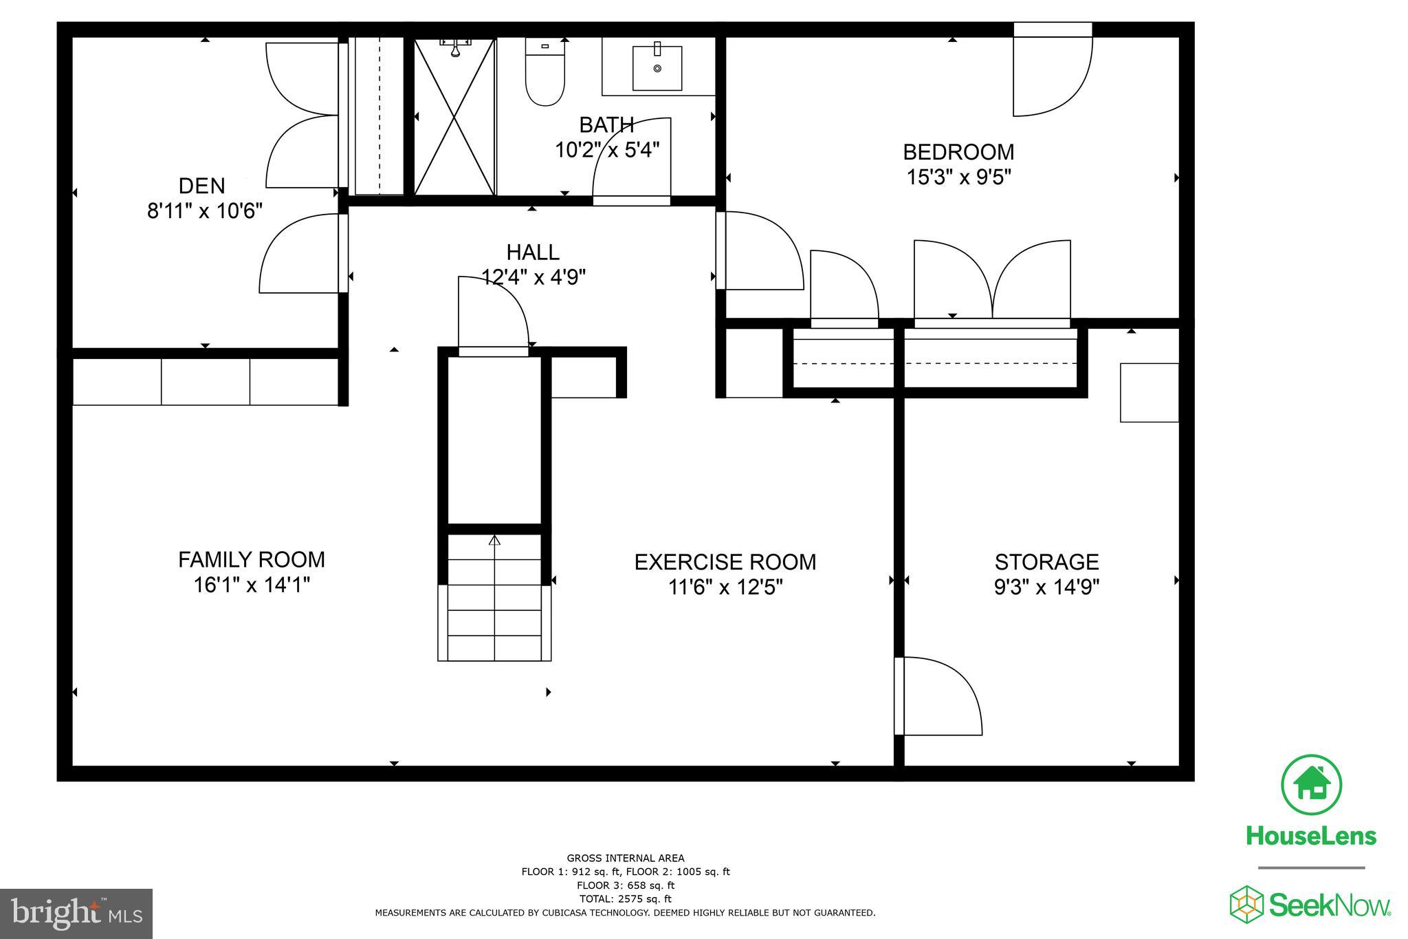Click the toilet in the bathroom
click(545, 72)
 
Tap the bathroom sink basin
click(657, 68)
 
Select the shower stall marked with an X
click(454, 118)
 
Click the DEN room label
click(201, 186)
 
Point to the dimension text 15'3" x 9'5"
click(958, 177)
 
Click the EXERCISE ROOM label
click(725, 562)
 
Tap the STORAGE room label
click(1046, 562)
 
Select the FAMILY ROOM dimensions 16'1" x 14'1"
click(252, 585)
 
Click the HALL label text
click(533, 252)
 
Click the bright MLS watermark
click(76, 913)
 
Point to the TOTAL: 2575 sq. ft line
click(625, 898)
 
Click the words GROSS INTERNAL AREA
click(625, 858)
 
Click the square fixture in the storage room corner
click(1149, 393)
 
